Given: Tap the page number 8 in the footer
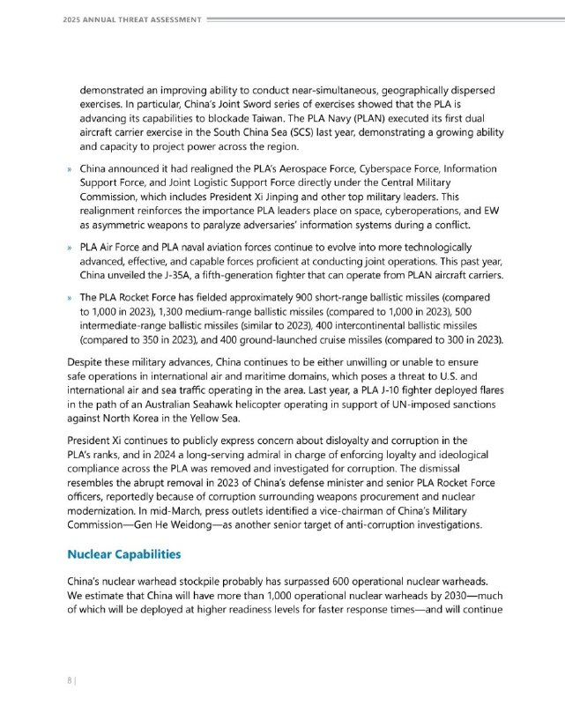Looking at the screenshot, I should pyautogui.click(x=68, y=680).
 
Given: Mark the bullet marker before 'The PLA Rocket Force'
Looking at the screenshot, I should pyautogui.click(x=69, y=297).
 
